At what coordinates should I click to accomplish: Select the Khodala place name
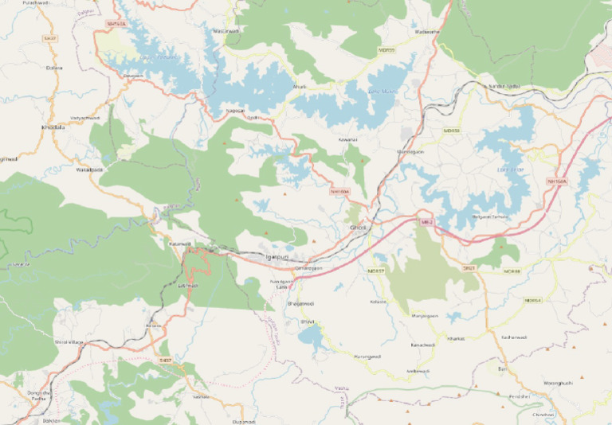click(53, 127)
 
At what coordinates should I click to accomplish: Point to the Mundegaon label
click(410, 151)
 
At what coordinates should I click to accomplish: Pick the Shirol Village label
click(68, 341)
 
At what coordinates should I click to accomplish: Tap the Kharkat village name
click(456, 338)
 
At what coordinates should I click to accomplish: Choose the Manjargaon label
click(425, 316)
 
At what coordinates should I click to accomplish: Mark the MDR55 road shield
click(386, 50)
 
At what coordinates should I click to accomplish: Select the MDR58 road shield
click(452, 131)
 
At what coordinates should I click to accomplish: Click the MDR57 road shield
click(376, 271)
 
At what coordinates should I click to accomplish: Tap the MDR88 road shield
click(512, 271)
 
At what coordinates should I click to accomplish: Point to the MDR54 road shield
click(532, 300)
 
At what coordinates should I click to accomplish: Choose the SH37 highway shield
click(165, 361)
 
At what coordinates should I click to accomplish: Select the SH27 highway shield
click(51, 38)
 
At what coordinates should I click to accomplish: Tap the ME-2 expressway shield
click(426, 222)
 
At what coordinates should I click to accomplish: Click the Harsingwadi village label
click(367, 357)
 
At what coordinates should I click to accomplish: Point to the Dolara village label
click(54, 68)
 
